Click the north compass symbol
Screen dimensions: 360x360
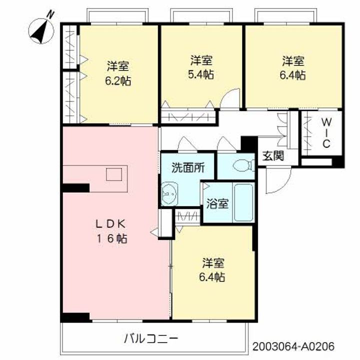(41, 31)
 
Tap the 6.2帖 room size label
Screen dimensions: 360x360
(118, 81)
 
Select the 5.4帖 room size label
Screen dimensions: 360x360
(201, 74)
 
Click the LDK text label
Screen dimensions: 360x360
(110, 224)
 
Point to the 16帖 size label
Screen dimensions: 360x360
(111, 238)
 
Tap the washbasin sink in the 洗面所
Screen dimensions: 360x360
(169, 193)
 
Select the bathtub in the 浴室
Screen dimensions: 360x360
(243, 202)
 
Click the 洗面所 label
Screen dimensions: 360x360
(188, 168)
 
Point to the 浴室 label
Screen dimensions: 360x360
(217, 203)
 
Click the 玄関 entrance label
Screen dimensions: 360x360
(273, 156)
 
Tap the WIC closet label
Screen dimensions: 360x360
(326, 133)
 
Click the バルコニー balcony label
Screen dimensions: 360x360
(151, 338)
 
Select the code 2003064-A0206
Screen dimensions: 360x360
(293, 346)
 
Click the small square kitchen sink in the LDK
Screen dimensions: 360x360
(114, 174)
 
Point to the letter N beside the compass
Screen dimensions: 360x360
(50, 14)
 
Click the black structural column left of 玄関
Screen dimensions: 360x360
(249, 144)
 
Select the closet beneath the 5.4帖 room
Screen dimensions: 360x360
(188, 117)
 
